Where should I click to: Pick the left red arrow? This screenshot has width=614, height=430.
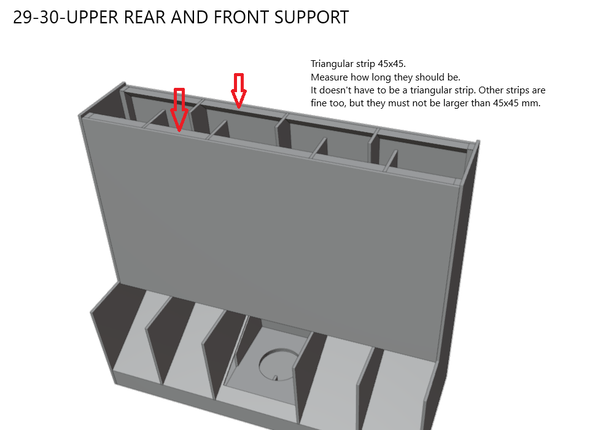tap(179, 109)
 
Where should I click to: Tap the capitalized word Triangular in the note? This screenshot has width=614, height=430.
tap(332, 64)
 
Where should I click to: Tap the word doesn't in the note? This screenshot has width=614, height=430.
tap(335, 90)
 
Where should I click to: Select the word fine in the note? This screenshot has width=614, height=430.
tap(320, 103)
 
